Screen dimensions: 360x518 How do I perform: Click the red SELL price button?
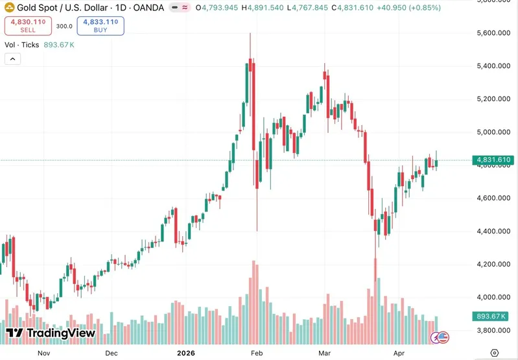(28, 26)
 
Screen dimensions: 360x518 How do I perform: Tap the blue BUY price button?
(100, 26)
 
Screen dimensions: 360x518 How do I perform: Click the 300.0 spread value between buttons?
(64, 26)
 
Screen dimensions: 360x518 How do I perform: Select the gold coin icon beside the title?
(10, 8)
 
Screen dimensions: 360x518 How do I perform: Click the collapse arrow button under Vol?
(13, 59)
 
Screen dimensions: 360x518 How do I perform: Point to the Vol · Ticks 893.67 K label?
(40, 45)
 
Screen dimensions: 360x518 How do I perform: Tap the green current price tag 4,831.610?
(494, 160)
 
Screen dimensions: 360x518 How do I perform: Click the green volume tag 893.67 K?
(491, 316)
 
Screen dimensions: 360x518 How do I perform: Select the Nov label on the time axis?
(43, 353)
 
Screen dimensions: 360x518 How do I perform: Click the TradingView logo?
(51, 333)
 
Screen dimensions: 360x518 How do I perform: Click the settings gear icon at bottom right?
(495, 353)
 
